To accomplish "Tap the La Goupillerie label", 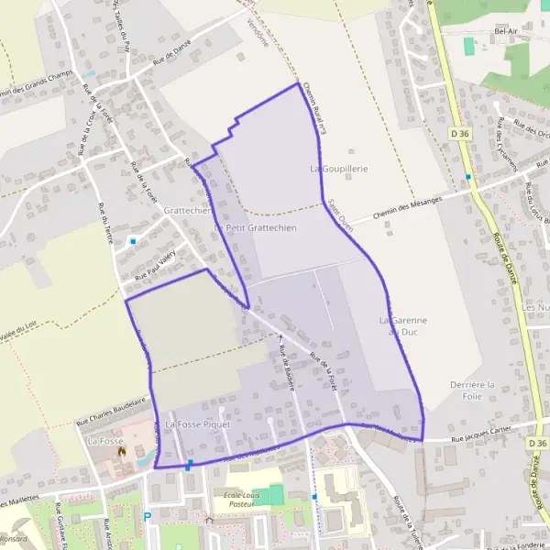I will point(339,170).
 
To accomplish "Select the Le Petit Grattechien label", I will point(255,227).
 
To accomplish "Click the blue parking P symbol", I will point(147,517).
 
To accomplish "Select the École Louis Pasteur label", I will point(233,499).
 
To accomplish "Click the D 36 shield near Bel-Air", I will point(460,133).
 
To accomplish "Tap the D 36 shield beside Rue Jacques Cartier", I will point(538,442).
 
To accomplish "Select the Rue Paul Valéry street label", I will point(154,269).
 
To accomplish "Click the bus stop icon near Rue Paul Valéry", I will point(133,241).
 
